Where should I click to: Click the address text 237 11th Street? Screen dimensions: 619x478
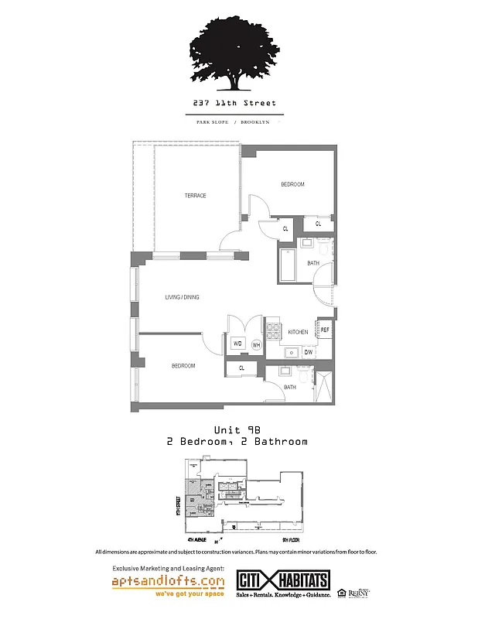click(x=234, y=103)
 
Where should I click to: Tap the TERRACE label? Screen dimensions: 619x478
click(x=195, y=196)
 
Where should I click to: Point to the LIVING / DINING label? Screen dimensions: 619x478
click(x=182, y=297)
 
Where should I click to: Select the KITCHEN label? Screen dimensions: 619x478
click(x=298, y=332)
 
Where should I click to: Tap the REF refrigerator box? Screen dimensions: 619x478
click(x=325, y=330)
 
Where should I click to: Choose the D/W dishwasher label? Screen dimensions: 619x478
click(x=307, y=352)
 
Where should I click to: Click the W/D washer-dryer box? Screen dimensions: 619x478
click(x=237, y=344)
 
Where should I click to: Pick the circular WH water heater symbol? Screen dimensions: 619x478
click(x=256, y=345)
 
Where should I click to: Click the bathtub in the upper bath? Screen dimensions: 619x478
click(x=286, y=265)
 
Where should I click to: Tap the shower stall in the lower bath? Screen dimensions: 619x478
click(x=326, y=385)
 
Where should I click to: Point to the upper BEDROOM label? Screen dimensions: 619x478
click(x=292, y=184)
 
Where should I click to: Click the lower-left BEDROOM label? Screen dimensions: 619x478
click(x=183, y=365)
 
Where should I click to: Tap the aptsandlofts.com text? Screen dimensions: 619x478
click(x=168, y=580)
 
